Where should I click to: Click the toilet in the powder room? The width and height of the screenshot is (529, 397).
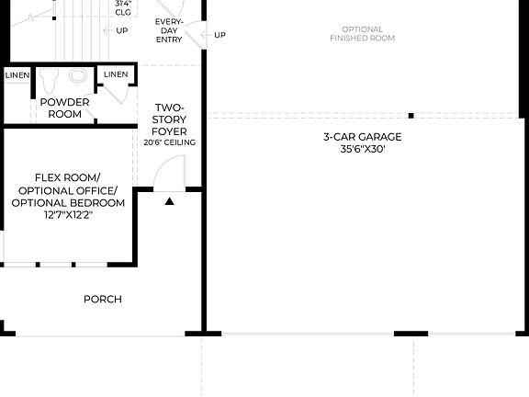point(51,77)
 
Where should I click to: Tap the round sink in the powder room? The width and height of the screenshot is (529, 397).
point(78,76)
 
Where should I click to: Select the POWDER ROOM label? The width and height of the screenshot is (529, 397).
point(64,108)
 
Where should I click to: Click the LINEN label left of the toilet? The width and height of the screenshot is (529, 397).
point(17,74)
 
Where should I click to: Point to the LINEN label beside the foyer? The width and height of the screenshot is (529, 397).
point(116,74)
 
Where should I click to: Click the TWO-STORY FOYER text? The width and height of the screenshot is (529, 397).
point(170,119)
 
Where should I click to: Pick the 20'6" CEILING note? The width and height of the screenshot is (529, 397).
point(170,142)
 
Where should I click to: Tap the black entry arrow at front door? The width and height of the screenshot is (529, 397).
point(169,200)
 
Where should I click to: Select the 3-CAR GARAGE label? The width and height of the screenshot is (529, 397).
point(362,137)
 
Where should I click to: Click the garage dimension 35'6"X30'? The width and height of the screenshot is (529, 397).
point(362,150)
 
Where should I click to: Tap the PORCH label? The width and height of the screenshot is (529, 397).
point(102,299)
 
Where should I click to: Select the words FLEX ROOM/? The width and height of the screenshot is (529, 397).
point(68,176)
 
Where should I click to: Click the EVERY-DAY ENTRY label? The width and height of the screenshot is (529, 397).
point(168,31)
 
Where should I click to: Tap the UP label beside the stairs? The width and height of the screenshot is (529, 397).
point(122,30)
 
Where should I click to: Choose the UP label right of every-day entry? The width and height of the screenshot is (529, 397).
point(219,36)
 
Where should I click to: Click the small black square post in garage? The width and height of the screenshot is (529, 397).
point(411,116)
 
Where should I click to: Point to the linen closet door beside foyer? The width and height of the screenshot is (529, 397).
point(111,91)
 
